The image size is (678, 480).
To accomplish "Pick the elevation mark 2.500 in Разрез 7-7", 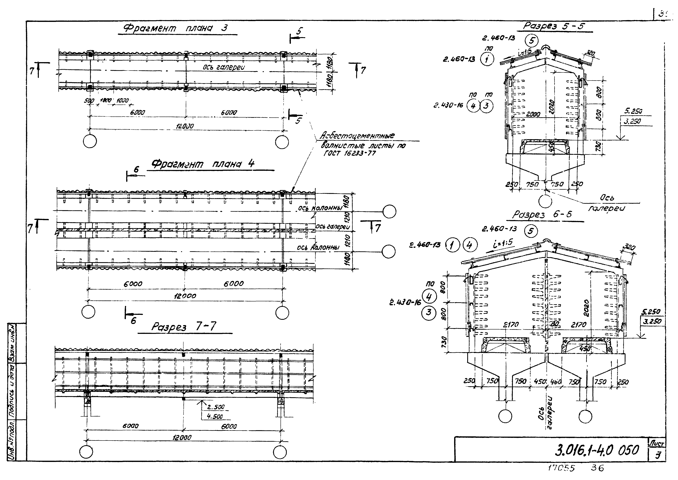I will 216,407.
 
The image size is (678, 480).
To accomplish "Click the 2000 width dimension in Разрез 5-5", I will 533,114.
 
